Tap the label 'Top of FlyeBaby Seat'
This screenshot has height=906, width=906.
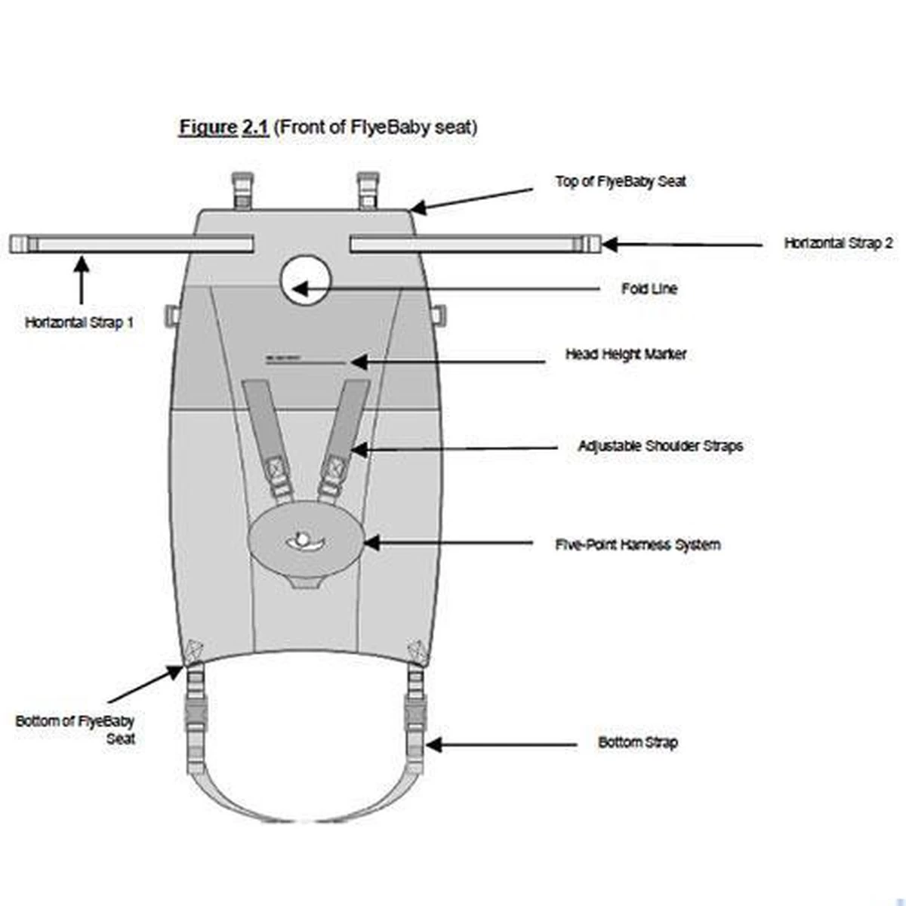click(x=620, y=181)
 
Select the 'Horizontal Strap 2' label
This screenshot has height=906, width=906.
click(x=838, y=243)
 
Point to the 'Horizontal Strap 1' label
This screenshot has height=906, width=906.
click(x=79, y=322)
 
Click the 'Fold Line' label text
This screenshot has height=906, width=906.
click(x=649, y=288)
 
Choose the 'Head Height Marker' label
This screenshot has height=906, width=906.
click(x=626, y=354)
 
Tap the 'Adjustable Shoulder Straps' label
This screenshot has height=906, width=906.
click(x=660, y=446)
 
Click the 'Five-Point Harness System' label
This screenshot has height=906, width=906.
click(x=637, y=544)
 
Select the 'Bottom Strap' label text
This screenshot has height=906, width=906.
click(x=637, y=742)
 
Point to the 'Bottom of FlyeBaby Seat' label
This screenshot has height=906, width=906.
click(x=75, y=729)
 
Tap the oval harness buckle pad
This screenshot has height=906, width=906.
click(x=306, y=541)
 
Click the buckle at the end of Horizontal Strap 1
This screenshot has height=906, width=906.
click(x=23, y=244)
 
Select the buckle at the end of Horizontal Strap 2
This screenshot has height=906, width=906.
click(x=587, y=244)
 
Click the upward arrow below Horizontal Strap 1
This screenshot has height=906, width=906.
click(x=81, y=279)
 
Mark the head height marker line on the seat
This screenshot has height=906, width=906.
click(x=283, y=356)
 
